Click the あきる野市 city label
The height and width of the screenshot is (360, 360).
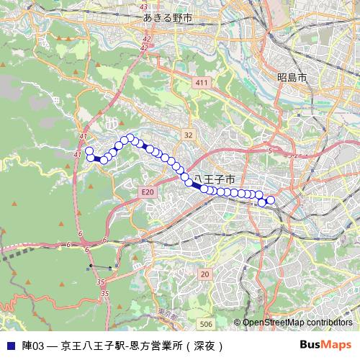(x=167, y=17)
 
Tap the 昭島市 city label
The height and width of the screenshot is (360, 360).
(x=292, y=76)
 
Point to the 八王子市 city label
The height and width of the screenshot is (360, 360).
(x=214, y=178)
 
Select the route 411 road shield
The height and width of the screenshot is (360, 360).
(x=201, y=84)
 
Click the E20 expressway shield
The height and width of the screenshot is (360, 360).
(x=148, y=192)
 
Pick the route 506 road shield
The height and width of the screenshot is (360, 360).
(x=207, y=324)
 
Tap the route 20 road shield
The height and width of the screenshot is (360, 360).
(x=204, y=274)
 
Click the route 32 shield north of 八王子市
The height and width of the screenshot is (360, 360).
(x=188, y=135)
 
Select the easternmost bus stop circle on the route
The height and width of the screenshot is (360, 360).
(x=271, y=200)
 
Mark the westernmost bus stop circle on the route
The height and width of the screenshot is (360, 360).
(x=89, y=150)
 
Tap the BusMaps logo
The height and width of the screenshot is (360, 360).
(x=325, y=345)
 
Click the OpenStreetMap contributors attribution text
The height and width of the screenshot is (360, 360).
(x=297, y=323)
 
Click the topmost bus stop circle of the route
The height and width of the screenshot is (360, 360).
(x=130, y=138)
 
